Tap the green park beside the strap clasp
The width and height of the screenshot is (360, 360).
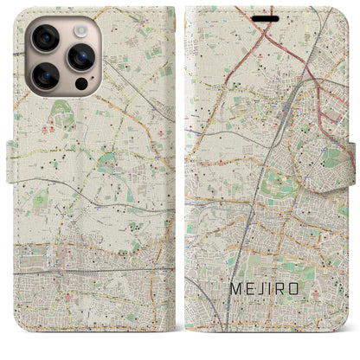331,157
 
